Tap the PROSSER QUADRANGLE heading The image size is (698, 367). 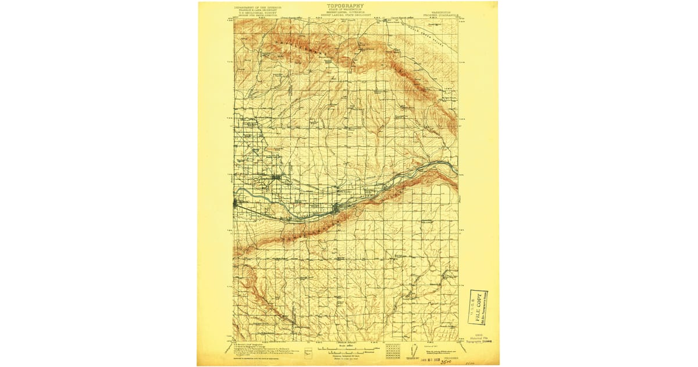coord(441,11)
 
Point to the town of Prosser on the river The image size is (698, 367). coord(337,207)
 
